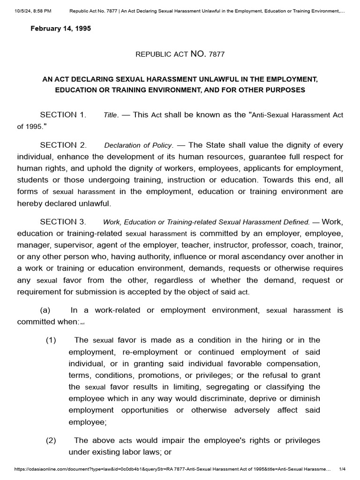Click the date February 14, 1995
[60, 29]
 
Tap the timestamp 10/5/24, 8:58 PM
[30, 10]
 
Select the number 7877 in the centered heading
[217, 54]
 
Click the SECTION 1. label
[63, 115]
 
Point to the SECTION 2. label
[63, 145]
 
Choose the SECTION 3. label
[63, 222]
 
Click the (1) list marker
[51, 340]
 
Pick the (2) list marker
[51, 441]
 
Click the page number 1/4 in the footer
[342, 469]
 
